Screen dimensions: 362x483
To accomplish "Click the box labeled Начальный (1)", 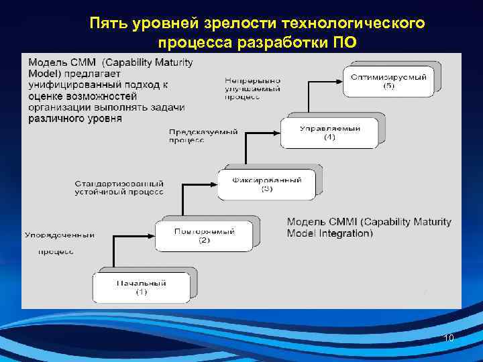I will tap(141, 287).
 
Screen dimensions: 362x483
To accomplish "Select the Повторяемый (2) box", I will tap(204, 235).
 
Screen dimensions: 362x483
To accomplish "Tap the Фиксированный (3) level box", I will tap(266, 184).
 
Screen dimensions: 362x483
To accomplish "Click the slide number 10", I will tap(449, 339).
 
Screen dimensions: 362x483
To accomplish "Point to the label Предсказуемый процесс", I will tap(203, 136).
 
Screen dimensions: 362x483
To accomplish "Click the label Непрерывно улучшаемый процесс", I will tap(252, 88).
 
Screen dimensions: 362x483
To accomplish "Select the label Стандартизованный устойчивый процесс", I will tap(119, 187).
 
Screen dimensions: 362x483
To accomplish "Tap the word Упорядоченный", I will tap(59, 235).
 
